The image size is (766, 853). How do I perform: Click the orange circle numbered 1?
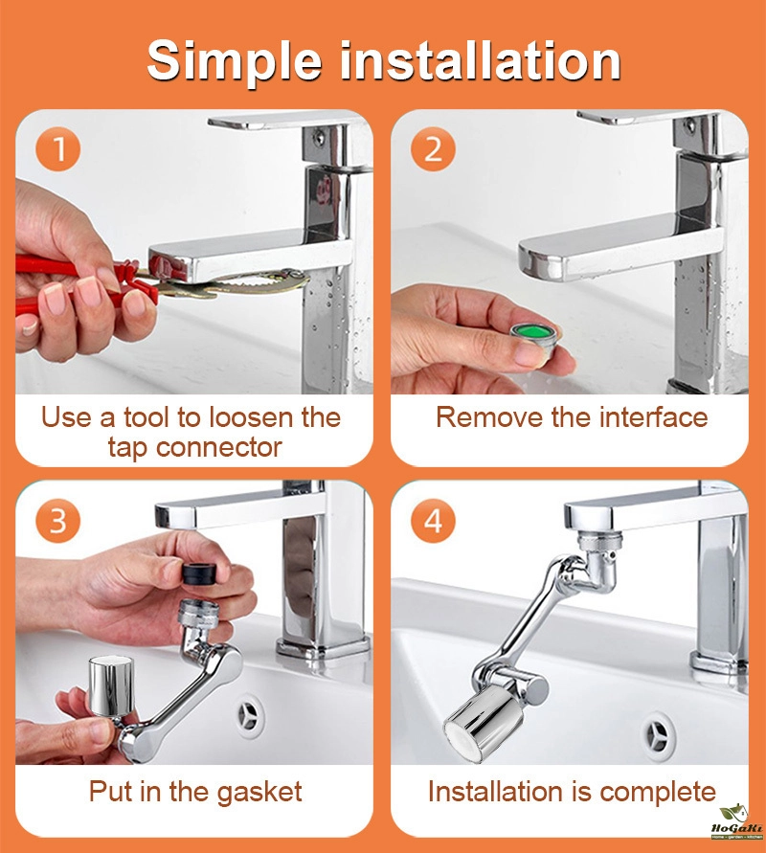[x=58, y=148]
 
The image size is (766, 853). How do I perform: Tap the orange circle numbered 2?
[x=433, y=148]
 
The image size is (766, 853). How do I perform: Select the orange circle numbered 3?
[x=58, y=521]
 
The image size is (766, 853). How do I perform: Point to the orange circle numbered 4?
[x=433, y=521]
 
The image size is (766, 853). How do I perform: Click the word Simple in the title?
[x=235, y=62]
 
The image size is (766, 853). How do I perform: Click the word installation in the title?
[x=481, y=60]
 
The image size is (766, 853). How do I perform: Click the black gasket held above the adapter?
[x=199, y=573]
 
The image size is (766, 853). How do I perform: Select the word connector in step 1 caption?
[x=218, y=448]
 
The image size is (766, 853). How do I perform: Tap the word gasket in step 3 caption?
[x=259, y=793]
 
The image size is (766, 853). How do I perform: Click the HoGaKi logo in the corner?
[x=736, y=821]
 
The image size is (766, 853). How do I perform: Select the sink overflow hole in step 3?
[x=251, y=714]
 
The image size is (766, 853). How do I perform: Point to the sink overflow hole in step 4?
[x=658, y=731]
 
